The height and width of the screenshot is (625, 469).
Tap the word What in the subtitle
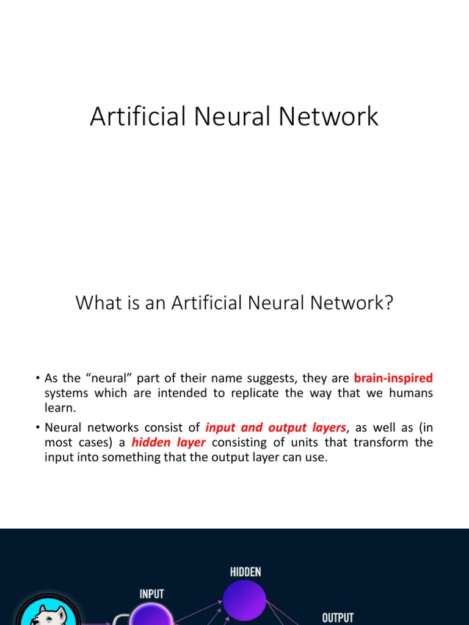click(95, 303)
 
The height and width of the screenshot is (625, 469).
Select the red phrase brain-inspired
click(393, 378)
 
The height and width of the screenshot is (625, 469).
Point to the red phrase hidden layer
click(169, 443)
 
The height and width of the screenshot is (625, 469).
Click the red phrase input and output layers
click(276, 428)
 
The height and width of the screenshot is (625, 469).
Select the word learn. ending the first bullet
click(60, 408)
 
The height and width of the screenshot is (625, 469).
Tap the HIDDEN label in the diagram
click(245, 572)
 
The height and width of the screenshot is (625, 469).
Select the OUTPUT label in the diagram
click(338, 618)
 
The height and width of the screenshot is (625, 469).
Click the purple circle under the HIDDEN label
click(244, 601)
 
